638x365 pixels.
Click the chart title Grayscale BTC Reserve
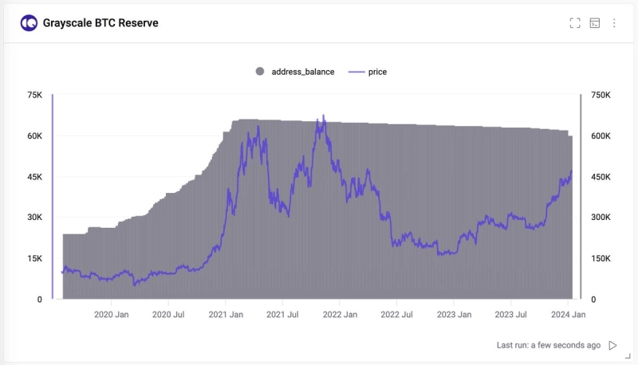(x=100, y=23)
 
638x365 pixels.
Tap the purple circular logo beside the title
(x=29, y=23)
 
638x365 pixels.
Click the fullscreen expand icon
(x=575, y=23)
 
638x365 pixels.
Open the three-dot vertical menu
(x=614, y=23)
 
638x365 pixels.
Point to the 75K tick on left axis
(x=35, y=95)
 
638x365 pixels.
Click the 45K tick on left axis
(x=35, y=177)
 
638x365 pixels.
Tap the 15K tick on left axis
(x=35, y=258)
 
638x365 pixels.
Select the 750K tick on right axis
(x=601, y=95)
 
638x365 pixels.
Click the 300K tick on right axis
(x=601, y=218)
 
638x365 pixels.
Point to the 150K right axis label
(x=601, y=258)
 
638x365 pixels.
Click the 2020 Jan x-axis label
(x=112, y=315)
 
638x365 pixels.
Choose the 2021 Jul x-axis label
(x=282, y=315)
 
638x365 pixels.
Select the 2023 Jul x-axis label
(x=510, y=315)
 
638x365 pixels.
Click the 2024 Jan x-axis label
(x=568, y=315)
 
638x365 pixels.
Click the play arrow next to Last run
(x=612, y=345)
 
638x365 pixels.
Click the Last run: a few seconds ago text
(x=548, y=345)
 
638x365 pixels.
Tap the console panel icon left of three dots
(x=595, y=23)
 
